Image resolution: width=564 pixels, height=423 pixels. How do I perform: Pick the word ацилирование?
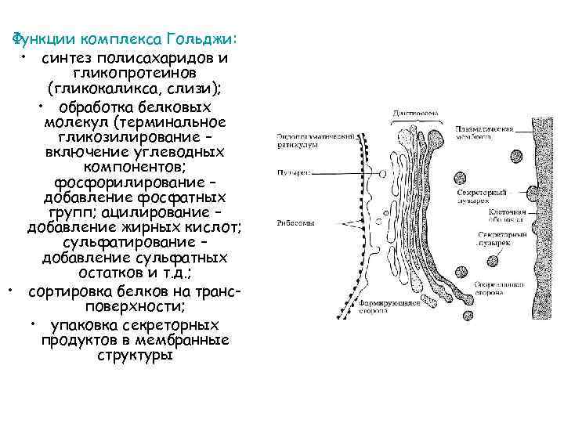tap(176, 212)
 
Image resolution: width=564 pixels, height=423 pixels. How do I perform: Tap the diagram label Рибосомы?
tap(296, 223)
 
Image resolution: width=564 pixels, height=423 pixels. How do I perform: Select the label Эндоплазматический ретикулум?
tap(307, 140)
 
